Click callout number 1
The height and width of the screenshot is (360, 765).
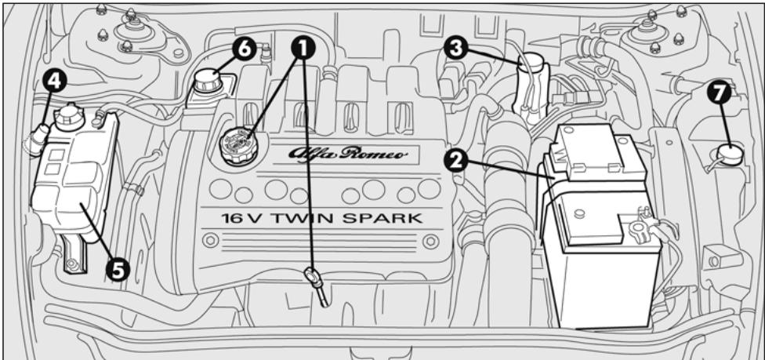(x=301, y=49)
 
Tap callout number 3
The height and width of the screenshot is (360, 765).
(x=455, y=49)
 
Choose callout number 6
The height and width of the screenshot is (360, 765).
(x=244, y=49)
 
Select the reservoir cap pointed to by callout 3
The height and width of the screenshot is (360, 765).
(x=532, y=63)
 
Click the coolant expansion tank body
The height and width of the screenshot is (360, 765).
(x=74, y=196)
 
